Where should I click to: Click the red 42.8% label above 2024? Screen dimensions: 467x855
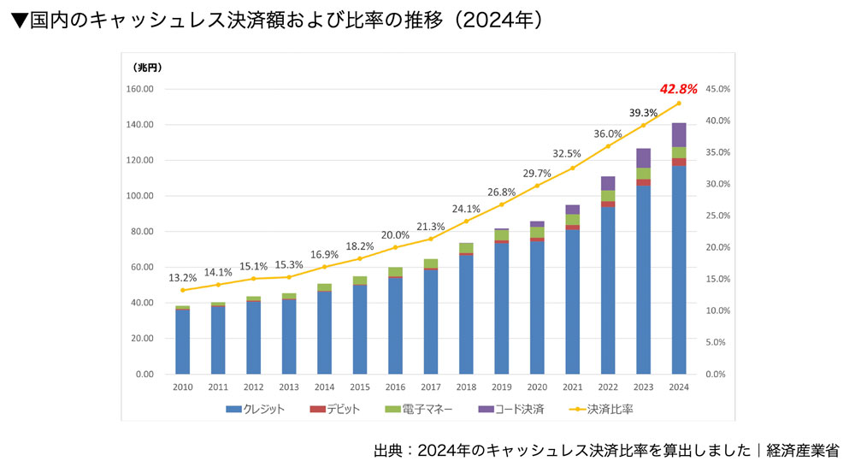679,88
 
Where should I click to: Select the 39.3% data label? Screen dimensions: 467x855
643,112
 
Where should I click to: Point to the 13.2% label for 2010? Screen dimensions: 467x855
182,277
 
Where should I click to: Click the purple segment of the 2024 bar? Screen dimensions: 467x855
679,135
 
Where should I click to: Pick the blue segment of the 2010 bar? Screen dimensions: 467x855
182,341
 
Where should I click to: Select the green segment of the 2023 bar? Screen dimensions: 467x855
643,174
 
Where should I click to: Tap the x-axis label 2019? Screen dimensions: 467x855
501,387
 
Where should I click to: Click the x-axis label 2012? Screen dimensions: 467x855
253,387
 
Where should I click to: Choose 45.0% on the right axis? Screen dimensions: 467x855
719,89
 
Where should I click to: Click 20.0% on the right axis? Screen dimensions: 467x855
719,247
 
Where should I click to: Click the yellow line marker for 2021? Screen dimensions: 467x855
572,168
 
